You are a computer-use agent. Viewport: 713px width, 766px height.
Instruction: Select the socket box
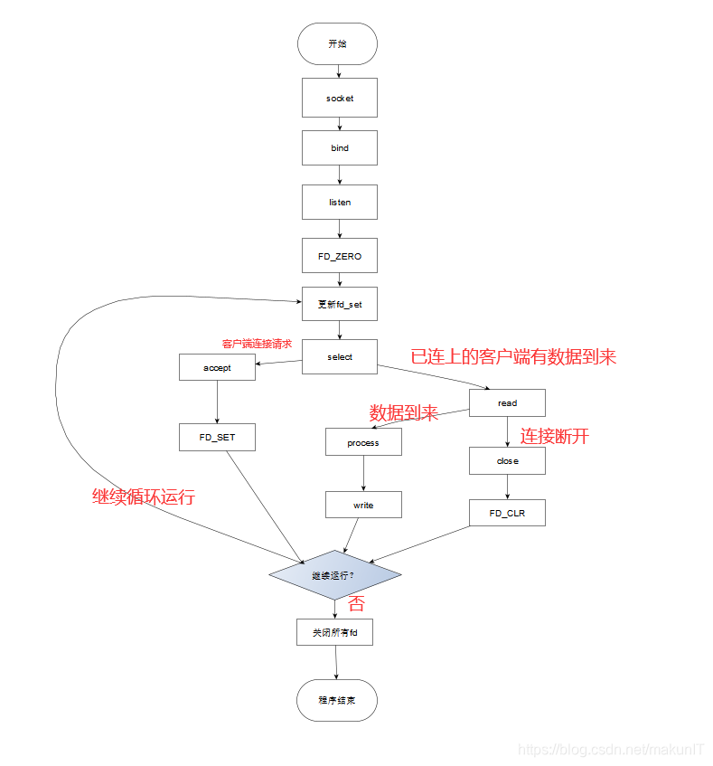pos(339,98)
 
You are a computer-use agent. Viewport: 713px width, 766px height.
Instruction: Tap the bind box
pos(339,147)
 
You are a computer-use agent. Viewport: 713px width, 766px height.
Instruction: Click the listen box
pos(339,202)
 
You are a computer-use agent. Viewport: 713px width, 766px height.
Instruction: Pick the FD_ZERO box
pos(339,256)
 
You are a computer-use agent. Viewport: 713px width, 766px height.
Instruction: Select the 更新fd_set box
pos(339,305)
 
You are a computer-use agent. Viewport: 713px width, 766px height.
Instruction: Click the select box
pos(339,357)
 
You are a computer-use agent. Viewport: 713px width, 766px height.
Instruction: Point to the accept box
pos(217,367)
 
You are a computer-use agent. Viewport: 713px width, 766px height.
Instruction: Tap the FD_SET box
pos(217,438)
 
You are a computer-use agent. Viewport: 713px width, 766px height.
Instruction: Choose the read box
pos(507,402)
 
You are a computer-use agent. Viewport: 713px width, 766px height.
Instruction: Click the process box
pos(363,442)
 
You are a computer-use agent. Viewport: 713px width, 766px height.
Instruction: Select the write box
pos(363,505)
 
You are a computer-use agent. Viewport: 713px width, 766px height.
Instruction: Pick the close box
pos(507,460)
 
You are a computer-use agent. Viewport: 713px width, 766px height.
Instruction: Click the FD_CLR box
pos(507,513)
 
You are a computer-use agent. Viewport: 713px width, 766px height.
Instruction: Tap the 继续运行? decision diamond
pos(334,575)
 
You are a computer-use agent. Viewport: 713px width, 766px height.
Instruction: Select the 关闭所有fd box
pos(334,632)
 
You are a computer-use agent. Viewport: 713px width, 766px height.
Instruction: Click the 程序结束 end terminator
pos(336,700)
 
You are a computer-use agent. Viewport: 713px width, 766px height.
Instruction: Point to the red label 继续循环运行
pos(144,496)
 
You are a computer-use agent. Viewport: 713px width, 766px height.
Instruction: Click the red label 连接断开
pos(554,437)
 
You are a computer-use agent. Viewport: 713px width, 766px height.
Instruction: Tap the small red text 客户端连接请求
pos(257,344)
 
